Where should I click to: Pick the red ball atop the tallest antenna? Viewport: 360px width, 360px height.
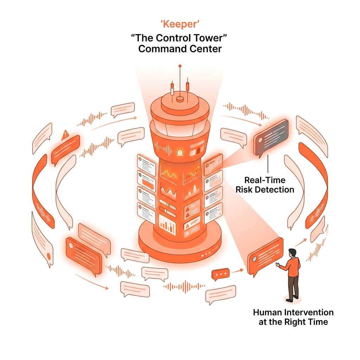coord(180,66)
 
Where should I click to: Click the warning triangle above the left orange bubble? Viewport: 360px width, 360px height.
coord(65,134)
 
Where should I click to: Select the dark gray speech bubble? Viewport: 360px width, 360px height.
coord(271,137)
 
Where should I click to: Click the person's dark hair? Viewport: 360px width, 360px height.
coord(291,252)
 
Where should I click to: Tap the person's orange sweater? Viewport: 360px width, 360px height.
coord(292,267)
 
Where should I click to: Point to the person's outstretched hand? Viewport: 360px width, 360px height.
coord(277,265)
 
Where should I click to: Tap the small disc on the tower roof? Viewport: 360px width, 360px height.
coord(180,99)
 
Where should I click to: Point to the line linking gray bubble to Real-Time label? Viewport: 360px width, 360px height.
coord(268,165)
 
